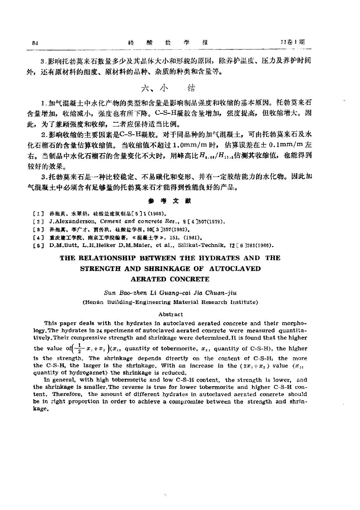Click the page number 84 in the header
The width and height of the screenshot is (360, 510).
tap(35, 43)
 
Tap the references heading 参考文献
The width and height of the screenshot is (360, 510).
tap(170, 201)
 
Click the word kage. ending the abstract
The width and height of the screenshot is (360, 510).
tap(40, 409)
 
